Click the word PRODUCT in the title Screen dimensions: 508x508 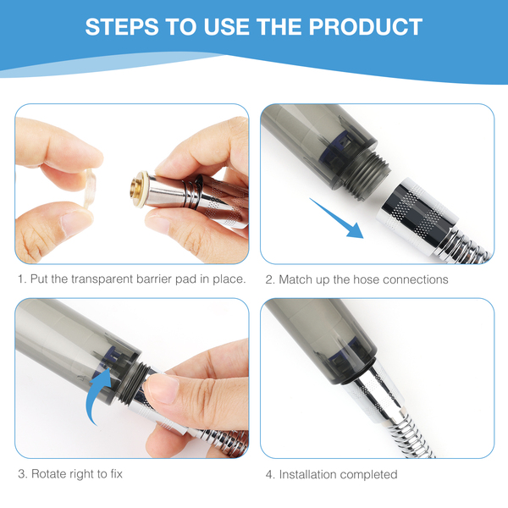click(366, 26)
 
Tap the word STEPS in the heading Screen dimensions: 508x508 click(122, 26)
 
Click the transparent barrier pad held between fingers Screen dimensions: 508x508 click(90, 188)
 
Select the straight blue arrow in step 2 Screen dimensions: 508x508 click(336, 218)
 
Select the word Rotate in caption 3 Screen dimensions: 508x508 click(49, 474)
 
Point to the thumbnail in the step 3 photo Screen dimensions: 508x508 click(162, 388)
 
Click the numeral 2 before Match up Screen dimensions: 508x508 click(269, 279)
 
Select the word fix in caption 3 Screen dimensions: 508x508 click(117, 474)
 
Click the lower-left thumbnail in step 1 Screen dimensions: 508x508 click(75, 223)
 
